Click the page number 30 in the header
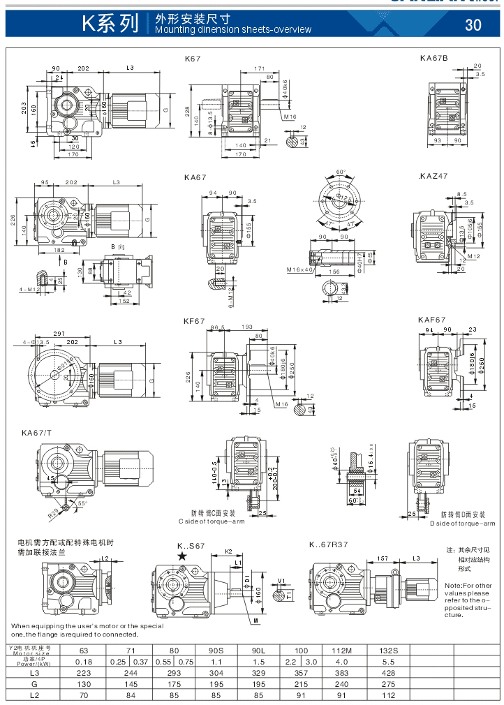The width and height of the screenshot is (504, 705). click(x=473, y=25)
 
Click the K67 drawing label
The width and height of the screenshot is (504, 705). click(x=193, y=59)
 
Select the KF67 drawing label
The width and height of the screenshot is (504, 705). click(x=194, y=321)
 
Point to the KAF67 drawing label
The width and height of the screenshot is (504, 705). click(x=432, y=320)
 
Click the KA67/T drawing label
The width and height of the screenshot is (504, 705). click(x=36, y=433)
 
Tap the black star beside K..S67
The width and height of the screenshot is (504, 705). click(x=182, y=556)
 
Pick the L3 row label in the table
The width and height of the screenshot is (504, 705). click(x=34, y=674)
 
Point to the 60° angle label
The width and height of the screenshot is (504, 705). click(x=341, y=172)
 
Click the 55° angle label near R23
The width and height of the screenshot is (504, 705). click(x=82, y=503)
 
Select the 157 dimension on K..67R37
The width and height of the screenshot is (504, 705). click(x=383, y=559)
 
